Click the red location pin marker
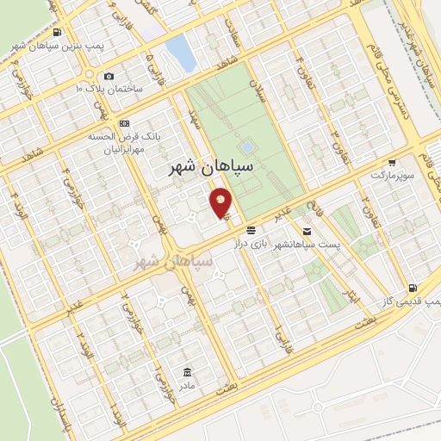(x=220, y=203)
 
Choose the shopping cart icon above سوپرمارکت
(x=393, y=162)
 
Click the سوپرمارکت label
(x=388, y=175)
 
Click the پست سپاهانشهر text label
(x=307, y=246)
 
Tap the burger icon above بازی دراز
(x=251, y=230)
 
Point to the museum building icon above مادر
(x=188, y=372)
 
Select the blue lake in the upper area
(x=180, y=52)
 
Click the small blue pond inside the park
(x=248, y=146)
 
